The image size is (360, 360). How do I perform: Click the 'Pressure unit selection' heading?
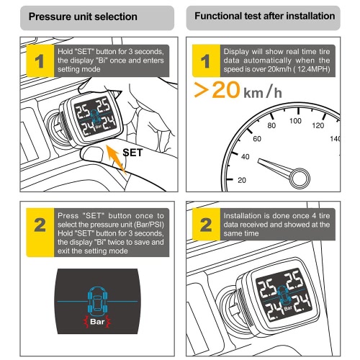pyautogui.click(x=83, y=17)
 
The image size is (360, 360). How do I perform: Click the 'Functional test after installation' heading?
pyautogui.click(x=265, y=16)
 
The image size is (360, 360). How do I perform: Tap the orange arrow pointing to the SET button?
pyautogui.click(x=116, y=158)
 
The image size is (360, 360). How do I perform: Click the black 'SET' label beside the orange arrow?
pyautogui.click(x=132, y=153)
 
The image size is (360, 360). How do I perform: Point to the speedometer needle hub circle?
pyautogui.click(x=300, y=179)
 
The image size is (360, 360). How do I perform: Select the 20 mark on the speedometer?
pyautogui.click(x=242, y=180)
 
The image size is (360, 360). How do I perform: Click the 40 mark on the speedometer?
pyautogui.click(x=245, y=157)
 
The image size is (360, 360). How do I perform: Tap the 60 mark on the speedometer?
pyautogui.click(x=257, y=139)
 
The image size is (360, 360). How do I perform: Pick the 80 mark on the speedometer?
pyautogui.click(x=271, y=125)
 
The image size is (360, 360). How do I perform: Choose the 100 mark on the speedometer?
pyautogui.click(x=295, y=120)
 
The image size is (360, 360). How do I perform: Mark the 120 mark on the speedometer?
pyautogui.click(x=318, y=125)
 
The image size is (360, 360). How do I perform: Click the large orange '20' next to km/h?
pyautogui.click(x=226, y=90)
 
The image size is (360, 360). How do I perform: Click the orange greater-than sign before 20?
pyautogui.click(x=201, y=90)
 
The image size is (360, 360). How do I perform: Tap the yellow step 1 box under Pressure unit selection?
pyautogui.click(x=40, y=60)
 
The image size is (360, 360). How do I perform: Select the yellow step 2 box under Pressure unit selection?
pyautogui.click(x=40, y=233)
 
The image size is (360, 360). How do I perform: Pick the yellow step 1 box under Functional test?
pyautogui.click(x=206, y=60)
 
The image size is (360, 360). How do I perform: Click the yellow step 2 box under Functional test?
pyautogui.click(x=206, y=225)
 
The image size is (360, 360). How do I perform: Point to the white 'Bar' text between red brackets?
pyautogui.click(x=97, y=321)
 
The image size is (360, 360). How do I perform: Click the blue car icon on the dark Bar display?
pyautogui.click(x=97, y=301)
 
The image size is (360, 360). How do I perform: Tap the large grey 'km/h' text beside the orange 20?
pyautogui.click(x=263, y=91)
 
